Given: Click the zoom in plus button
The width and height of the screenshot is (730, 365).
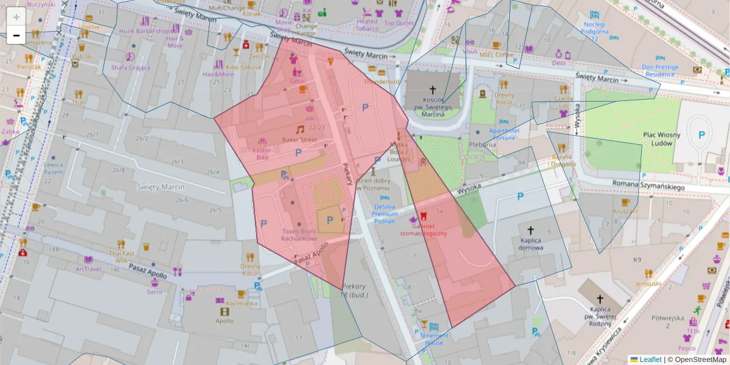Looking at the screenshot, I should pyautogui.click(x=16, y=17).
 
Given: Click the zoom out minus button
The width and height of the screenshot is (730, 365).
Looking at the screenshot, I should pyautogui.click(x=16, y=35).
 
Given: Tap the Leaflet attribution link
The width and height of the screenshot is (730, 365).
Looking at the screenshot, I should pyautogui.click(x=650, y=360).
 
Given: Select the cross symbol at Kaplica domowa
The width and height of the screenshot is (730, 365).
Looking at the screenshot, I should pyautogui.click(x=530, y=231).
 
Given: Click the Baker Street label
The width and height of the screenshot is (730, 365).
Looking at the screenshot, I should pyautogui.click(x=299, y=140).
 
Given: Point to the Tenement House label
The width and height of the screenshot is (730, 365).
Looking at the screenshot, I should pyautogui.click(x=434, y=339).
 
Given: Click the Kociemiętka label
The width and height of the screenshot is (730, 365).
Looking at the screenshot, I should pyautogui.click(x=242, y=303).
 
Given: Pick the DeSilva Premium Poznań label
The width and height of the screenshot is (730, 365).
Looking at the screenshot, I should pyautogui.click(x=384, y=214).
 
